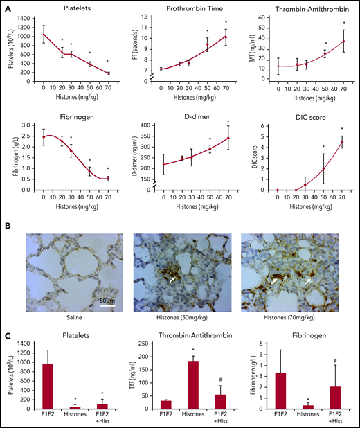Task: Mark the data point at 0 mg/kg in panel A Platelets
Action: [44, 34]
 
